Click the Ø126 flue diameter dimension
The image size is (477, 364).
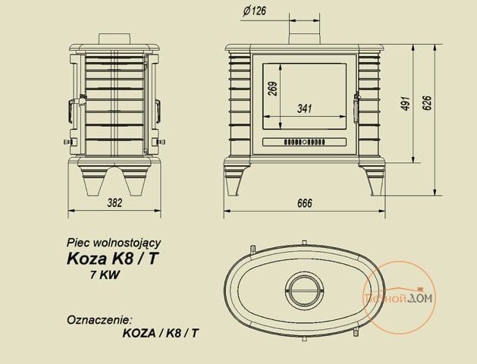[x=254, y=11]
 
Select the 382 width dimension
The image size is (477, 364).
[x=115, y=202]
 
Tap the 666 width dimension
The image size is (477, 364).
[x=305, y=203]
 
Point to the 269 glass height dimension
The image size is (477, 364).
[x=273, y=89]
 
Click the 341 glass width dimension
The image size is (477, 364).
[x=305, y=108]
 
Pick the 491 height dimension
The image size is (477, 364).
[x=406, y=103]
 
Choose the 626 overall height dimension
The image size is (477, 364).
[x=426, y=103]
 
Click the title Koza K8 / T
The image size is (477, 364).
[x=112, y=259]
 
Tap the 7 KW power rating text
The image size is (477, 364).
[x=105, y=275]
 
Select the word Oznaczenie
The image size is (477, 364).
[x=100, y=320]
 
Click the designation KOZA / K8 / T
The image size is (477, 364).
[x=160, y=334]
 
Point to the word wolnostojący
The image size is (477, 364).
[x=127, y=243]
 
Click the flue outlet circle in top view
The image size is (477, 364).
[x=304, y=289]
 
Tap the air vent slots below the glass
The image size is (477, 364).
[x=305, y=142]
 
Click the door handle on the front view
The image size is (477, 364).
[x=356, y=108]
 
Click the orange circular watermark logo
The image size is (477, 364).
[x=400, y=297]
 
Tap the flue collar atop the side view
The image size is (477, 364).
[x=115, y=39]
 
